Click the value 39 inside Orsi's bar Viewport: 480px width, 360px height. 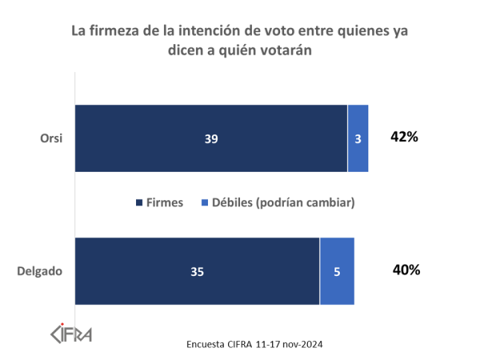pos(211,138)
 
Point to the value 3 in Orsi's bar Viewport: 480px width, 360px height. pos(358,139)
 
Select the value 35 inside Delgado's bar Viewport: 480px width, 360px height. pos(198,271)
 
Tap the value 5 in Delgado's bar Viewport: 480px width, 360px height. pos(337,272)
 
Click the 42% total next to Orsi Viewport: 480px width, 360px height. pos(405,137)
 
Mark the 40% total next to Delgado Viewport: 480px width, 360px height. pos(406,270)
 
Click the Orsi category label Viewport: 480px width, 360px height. pos(51,138)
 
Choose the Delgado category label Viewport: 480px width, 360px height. pos(40,271)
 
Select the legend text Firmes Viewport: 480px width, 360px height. pos(165,203)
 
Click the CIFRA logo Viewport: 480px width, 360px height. pos(71,333)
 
